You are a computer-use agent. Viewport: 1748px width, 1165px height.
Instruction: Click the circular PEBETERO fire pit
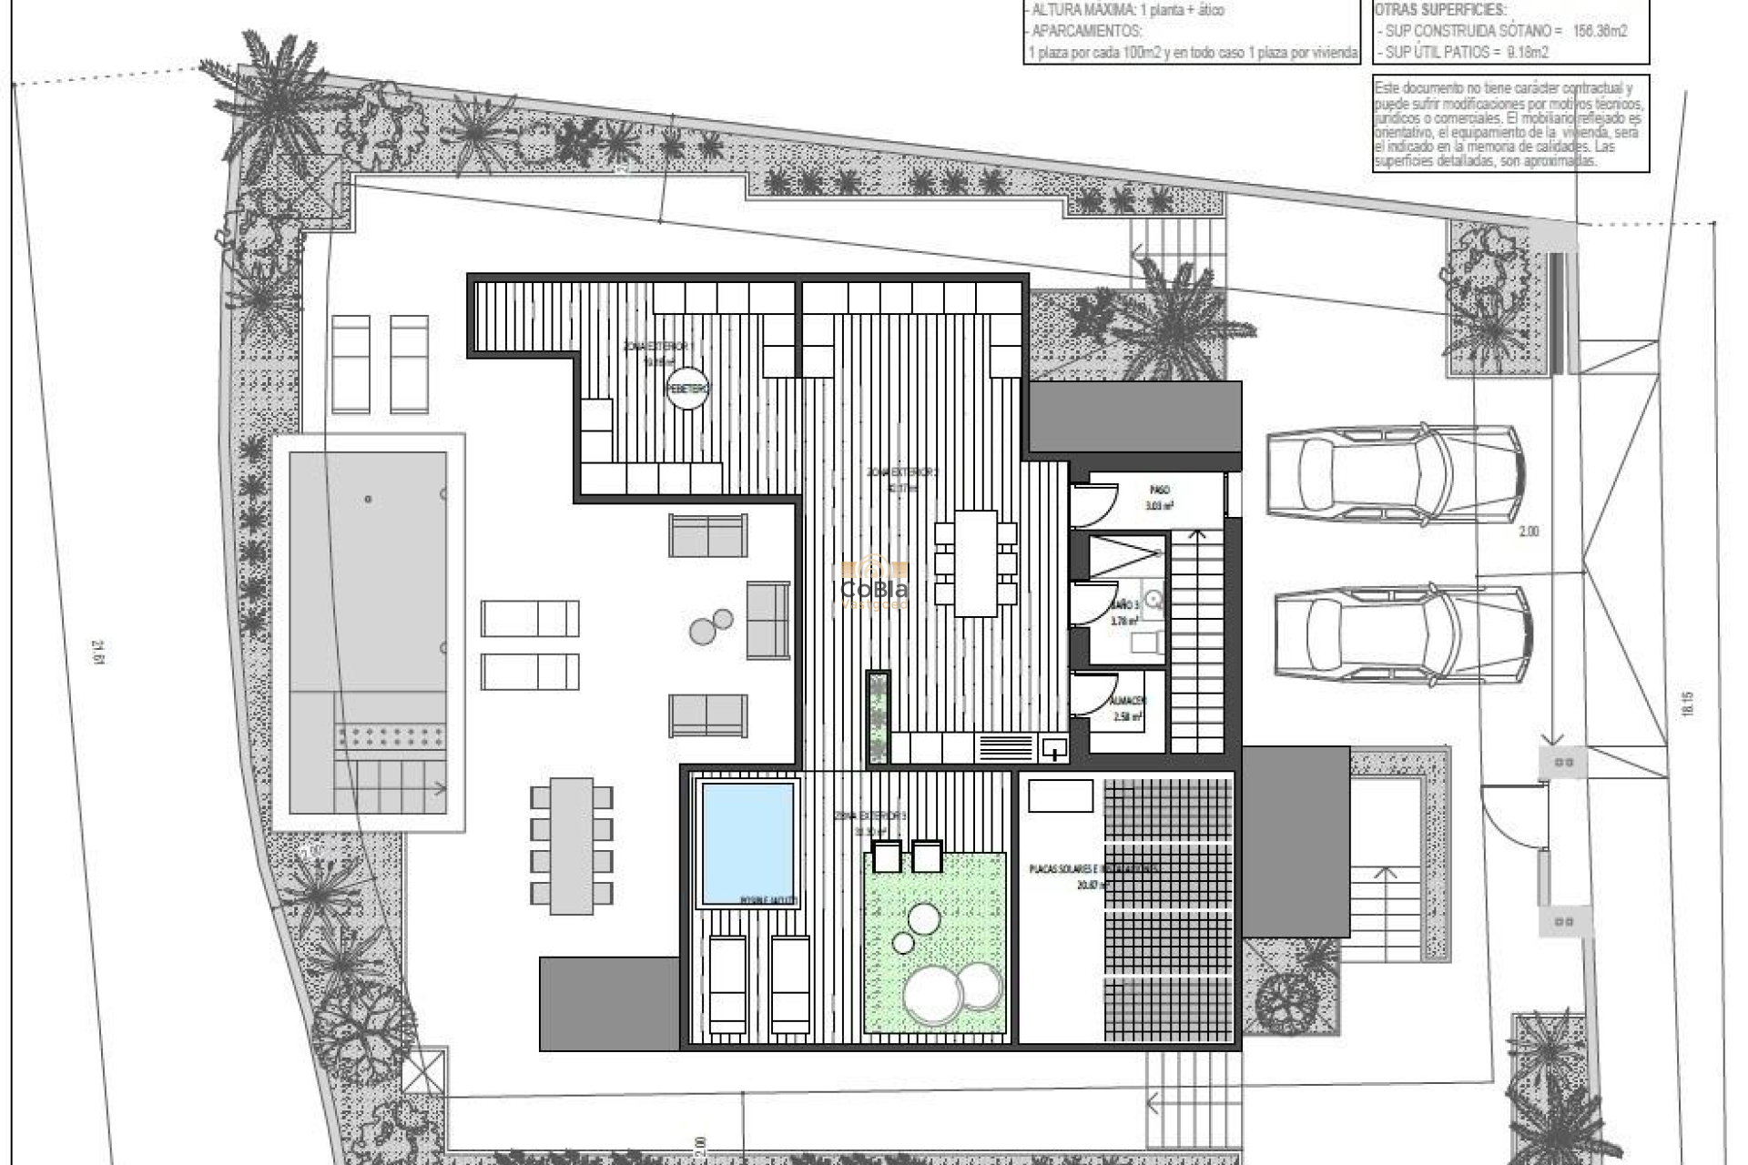686,389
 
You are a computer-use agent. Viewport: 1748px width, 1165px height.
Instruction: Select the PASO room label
1159,491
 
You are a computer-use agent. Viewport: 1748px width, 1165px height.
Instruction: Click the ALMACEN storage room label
1128,701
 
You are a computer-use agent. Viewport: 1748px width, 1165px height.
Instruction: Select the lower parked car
1402,633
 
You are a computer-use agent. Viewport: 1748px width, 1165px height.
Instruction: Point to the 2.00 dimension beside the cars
1529,532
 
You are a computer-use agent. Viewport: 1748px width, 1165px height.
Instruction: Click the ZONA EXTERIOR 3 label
869,816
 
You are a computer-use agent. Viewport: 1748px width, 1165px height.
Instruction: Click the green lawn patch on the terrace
934,942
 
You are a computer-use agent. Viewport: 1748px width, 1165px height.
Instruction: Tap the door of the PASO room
1093,505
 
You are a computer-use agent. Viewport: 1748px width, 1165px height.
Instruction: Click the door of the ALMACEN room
1093,694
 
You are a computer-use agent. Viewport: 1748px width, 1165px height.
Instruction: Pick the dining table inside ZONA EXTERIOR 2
975,562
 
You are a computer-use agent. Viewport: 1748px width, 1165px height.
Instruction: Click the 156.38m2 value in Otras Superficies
1600,31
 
